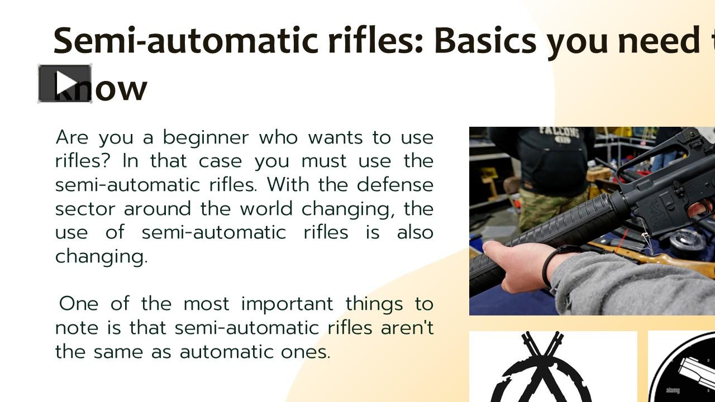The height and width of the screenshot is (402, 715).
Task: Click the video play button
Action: click(65, 84)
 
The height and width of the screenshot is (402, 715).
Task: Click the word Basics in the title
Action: click(485, 40)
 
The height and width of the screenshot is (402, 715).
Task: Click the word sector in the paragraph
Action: click(84, 209)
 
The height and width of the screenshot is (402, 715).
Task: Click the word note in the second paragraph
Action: click(76, 328)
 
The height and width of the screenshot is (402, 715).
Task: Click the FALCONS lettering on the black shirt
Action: click(559, 133)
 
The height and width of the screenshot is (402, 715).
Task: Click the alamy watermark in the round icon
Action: click(673, 390)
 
